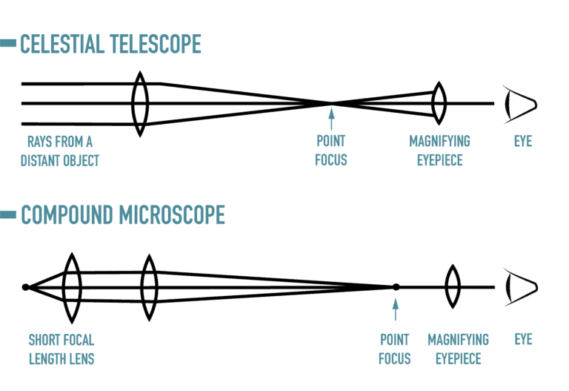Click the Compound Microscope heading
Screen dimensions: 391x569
click(x=122, y=214)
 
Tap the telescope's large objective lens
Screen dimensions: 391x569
click(x=140, y=103)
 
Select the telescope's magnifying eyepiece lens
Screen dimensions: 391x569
click(x=439, y=103)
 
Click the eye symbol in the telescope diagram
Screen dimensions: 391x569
click(x=519, y=104)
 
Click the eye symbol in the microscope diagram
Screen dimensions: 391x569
click(x=519, y=287)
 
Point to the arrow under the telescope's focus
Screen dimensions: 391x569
click(x=330, y=119)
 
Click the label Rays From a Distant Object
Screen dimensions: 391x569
click(x=60, y=150)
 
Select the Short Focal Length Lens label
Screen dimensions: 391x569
click(x=61, y=349)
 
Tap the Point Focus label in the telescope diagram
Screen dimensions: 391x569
click(x=330, y=150)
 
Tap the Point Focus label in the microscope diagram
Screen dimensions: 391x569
click(x=395, y=349)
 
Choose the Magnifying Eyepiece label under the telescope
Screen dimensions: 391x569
click(x=439, y=150)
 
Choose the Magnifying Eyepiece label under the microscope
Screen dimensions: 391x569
click(x=458, y=349)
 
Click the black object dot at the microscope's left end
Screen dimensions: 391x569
click(x=25, y=287)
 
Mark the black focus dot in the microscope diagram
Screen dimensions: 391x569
click(x=396, y=287)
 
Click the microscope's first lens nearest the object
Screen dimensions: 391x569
click(x=72, y=287)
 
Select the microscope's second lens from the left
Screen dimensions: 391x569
click(x=149, y=287)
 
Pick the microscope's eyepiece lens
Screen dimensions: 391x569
click(x=453, y=287)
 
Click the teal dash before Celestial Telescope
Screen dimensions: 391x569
click(x=8, y=45)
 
